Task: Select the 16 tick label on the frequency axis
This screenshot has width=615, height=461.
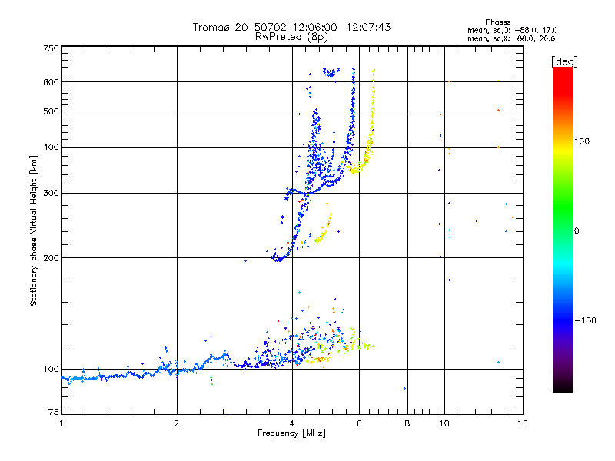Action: point(523,423)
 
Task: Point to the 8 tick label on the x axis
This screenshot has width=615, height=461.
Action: point(407,423)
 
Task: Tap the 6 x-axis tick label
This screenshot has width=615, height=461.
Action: point(359,423)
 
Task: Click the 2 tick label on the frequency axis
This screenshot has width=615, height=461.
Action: point(177,423)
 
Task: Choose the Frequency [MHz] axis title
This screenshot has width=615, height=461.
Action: point(291,433)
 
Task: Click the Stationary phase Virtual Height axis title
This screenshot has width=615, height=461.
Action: point(34,230)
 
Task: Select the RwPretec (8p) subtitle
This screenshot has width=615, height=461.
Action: point(291,36)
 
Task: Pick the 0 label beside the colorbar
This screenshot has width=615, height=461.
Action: point(579,230)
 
